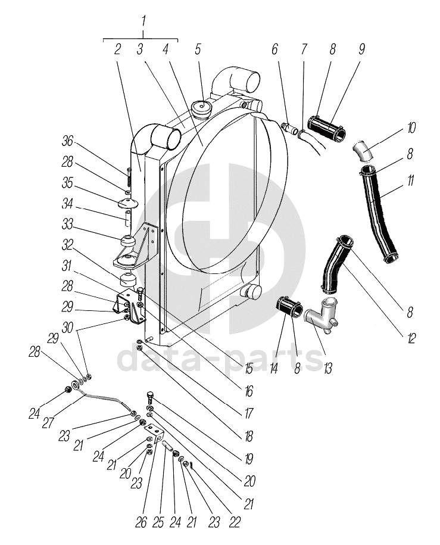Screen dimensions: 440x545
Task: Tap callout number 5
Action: point(198,49)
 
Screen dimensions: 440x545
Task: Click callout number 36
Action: point(67,141)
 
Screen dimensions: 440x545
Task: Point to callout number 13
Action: point(327,369)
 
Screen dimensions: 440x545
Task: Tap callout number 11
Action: point(410,180)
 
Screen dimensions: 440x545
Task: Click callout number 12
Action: point(411,338)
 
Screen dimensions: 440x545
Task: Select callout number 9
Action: point(361,49)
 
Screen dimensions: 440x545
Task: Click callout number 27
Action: point(48,423)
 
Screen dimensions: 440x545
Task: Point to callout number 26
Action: point(141,523)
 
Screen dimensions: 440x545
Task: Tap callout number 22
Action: point(235,522)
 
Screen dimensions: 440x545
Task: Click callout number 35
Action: point(67,183)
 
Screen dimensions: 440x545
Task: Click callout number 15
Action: point(248,369)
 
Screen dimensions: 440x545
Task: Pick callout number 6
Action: point(274,49)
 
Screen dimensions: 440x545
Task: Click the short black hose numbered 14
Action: point(289,307)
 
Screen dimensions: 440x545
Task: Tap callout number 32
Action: point(67,245)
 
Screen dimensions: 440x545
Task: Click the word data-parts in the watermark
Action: point(220,357)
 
